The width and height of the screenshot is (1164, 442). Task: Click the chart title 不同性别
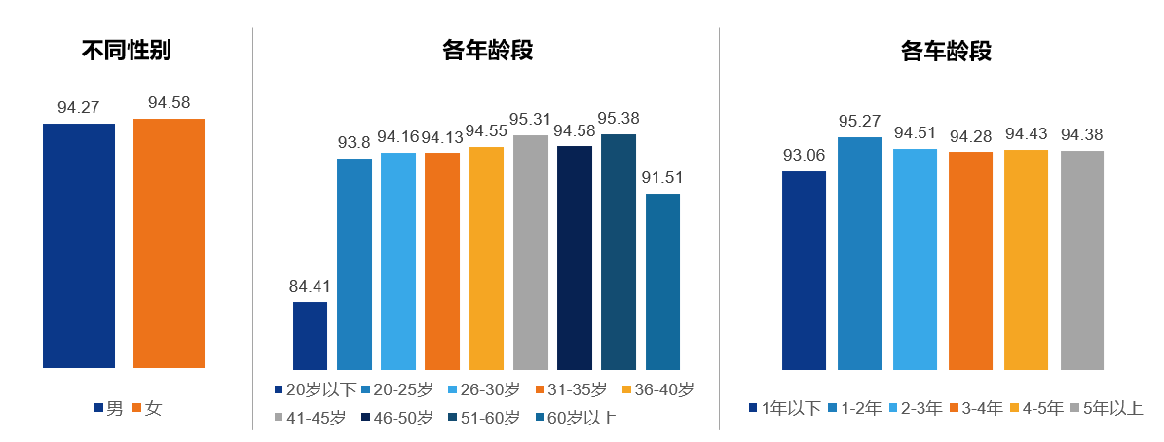(127, 51)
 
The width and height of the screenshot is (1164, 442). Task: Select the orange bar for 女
(169, 243)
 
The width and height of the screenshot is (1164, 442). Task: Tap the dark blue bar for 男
(79, 245)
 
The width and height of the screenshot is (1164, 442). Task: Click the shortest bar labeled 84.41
(310, 336)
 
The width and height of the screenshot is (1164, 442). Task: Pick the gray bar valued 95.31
(531, 253)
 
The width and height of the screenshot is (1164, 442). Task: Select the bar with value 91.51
(662, 282)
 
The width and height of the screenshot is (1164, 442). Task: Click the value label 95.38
(619, 118)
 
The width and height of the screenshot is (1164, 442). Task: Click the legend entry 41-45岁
(310, 418)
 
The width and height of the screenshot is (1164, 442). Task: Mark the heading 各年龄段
(488, 51)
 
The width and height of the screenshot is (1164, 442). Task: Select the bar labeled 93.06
(804, 271)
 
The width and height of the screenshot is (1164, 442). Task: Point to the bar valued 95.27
(859, 253)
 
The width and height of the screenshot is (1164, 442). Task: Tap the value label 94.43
(1027, 133)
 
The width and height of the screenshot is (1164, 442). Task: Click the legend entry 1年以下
(785, 408)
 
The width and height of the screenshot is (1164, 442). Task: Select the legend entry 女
(147, 408)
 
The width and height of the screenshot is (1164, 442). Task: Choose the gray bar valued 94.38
(1082, 261)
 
